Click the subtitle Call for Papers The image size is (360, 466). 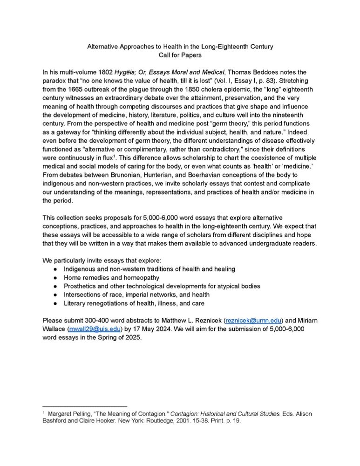coord(180,55)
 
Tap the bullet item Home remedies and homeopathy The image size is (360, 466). coord(111,278)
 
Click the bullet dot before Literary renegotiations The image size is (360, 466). coord(55,303)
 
